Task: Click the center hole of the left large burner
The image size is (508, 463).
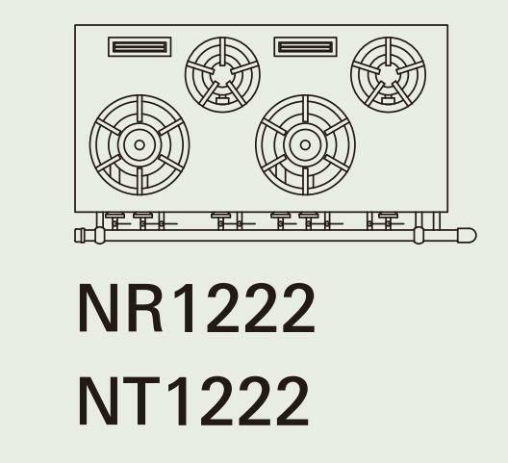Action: [140, 145]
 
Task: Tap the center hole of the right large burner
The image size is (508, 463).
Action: [305, 145]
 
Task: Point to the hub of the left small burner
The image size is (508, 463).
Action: [222, 74]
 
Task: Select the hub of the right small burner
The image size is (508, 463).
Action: [388, 74]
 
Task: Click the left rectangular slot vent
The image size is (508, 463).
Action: [140, 47]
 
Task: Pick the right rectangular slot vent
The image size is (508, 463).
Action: [305, 47]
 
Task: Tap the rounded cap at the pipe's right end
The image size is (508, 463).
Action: [467, 235]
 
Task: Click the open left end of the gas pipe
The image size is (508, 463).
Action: [79, 236]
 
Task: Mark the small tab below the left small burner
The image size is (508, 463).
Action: [222, 100]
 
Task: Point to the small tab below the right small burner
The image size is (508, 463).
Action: [388, 100]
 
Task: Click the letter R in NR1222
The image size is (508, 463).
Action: [145, 307]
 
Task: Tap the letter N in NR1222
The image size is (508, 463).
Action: [98, 307]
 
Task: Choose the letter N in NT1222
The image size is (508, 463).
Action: [98, 400]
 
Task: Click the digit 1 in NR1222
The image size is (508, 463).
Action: [186, 307]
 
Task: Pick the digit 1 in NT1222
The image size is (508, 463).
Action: [179, 400]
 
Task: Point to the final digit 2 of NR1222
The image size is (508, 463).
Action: [298, 307]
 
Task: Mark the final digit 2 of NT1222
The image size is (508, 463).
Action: [292, 400]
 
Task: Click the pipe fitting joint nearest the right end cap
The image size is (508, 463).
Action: [419, 235]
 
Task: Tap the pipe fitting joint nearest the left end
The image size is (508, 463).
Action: [100, 236]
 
